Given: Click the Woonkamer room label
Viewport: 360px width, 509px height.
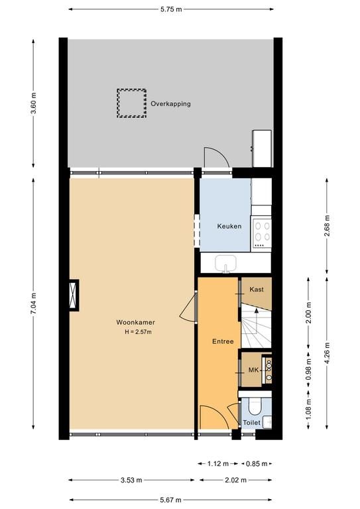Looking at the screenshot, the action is click(x=136, y=322).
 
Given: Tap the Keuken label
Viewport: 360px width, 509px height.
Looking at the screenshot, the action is click(x=229, y=226).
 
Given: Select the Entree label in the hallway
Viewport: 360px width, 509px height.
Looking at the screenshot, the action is click(x=223, y=341).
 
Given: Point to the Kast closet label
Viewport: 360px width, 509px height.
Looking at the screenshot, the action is click(x=257, y=289).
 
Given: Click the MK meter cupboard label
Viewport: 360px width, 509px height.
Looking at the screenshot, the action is click(x=253, y=370).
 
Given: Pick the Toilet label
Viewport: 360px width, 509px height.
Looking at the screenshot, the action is click(x=251, y=423).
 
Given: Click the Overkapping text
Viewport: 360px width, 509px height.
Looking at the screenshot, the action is click(x=170, y=104).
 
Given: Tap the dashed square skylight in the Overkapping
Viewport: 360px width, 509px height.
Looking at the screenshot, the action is click(x=131, y=103).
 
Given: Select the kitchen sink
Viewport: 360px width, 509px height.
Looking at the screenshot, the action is click(x=226, y=263).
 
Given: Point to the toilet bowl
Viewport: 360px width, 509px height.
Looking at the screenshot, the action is click(x=255, y=408).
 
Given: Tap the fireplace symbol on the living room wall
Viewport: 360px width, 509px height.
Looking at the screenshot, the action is click(x=74, y=295).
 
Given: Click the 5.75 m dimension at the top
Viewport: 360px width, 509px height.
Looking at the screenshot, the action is click(x=171, y=9).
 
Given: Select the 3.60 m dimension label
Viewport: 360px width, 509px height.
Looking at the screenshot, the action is click(x=33, y=103).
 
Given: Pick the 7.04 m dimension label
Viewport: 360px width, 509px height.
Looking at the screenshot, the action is click(x=33, y=304).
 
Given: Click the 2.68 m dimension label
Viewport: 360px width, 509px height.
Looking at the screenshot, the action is click(x=327, y=226).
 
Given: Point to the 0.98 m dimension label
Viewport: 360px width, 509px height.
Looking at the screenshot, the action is click(x=308, y=369).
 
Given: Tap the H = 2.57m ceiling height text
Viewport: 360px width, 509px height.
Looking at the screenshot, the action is click(x=139, y=332).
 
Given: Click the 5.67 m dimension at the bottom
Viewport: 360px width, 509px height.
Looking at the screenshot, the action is click(x=171, y=500).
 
